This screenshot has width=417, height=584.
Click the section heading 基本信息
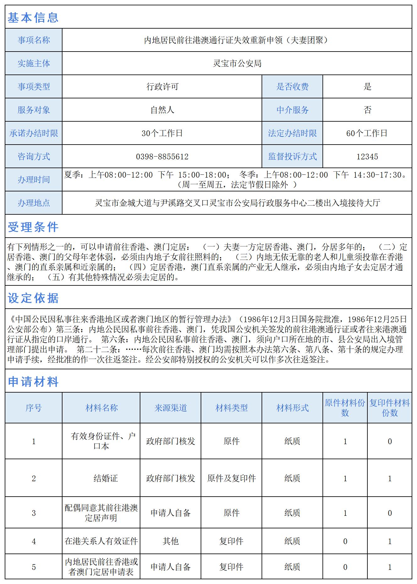(33, 18)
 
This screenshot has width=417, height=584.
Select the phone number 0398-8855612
(162, 157)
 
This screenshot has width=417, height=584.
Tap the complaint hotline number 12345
(367, 157)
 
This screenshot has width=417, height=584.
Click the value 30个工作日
(162, 133)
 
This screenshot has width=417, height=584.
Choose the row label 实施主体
(34, 63)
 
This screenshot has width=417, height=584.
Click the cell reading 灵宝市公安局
(237, 63)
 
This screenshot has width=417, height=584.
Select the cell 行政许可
(162, 87)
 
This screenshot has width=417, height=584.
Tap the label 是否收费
(292, 87)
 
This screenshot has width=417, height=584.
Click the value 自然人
(162, 110)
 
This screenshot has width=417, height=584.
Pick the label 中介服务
(292, 110)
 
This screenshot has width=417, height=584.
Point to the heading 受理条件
(33, 227)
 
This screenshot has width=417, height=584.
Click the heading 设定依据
(33, 298)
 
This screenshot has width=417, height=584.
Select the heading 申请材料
(33, 382)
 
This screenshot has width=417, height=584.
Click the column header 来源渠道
(171, 408)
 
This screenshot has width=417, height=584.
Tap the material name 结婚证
(106, 478)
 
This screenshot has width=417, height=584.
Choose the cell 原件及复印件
(231, 478)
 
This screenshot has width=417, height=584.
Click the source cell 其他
(171, 541)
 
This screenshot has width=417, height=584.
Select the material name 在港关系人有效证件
(101, 541)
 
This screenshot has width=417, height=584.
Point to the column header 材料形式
(292, 408)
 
